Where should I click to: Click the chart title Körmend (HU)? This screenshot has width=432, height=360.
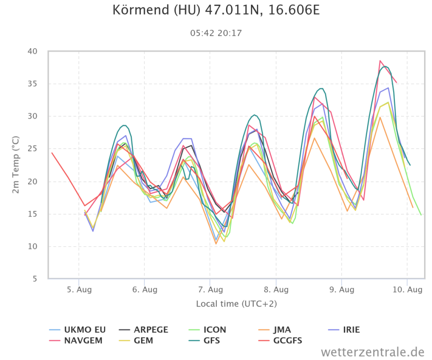pos(216,10)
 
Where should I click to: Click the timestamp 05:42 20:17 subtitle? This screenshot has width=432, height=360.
pos(216,33)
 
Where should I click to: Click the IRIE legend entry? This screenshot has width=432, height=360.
pos(345,330)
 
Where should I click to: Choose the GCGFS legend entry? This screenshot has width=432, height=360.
pos(288,340)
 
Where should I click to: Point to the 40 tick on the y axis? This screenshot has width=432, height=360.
pos(39,51)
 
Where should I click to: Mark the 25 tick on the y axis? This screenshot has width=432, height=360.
pos(39,149)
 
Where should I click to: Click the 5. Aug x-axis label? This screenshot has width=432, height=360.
pos(79,290)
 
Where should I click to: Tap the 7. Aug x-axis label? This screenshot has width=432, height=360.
pos(210,290)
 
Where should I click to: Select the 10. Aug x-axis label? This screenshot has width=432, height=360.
pos(407,290)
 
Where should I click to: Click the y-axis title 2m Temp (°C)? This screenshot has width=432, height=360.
pos(15,164)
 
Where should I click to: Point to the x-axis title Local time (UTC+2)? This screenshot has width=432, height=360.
pos(236,304)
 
